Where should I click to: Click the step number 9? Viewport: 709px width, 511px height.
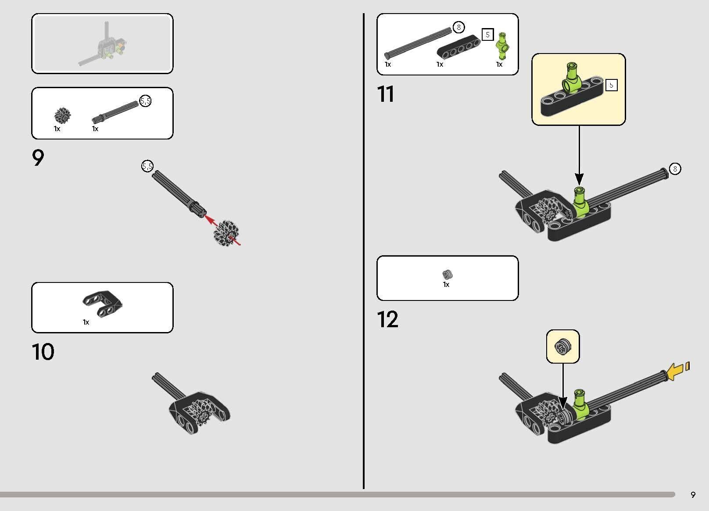pyautogui.click(x=38, y=157)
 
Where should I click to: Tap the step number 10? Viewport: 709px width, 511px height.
pyautogui.click(x=43, y=351)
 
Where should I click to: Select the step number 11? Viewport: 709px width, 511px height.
pyautogui.click(x=386, y=94)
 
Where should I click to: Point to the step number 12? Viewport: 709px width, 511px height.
pyautogui.click(x=387, y=319)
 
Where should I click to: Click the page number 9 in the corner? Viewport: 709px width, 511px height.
pyautogui.click(x=693, y=494)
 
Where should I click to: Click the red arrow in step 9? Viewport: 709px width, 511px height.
pyautogui.click(x=222, y=229)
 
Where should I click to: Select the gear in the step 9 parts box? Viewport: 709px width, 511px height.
pyautogui.click(x=62, y=115)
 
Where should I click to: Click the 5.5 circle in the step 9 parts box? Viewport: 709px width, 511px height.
pyautogui.click(x=146, y=101)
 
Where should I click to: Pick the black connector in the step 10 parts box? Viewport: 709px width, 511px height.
pyautogui.click(x=101, y=304)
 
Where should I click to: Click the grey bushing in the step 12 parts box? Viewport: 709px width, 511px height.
pyautogui.click(x=447, y=274)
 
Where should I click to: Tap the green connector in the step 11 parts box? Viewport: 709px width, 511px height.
pyautogui.click(x=502, y=46)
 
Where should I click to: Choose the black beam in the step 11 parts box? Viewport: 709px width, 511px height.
pyautogui.click(x=458, y=47)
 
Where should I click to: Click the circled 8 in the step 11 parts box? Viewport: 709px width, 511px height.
pyautogui.click(x=458, y=27)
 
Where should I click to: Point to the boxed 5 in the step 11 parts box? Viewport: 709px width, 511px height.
pyautogui.click(x=487, y=34)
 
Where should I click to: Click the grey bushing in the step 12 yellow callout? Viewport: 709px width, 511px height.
pyautogui.click(x=562, y=347)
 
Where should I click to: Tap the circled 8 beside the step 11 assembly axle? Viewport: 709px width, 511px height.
pyautogui.click(x=675, y=168)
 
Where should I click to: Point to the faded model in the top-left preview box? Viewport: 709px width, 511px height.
pyautogui.click(x=103, y=44)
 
